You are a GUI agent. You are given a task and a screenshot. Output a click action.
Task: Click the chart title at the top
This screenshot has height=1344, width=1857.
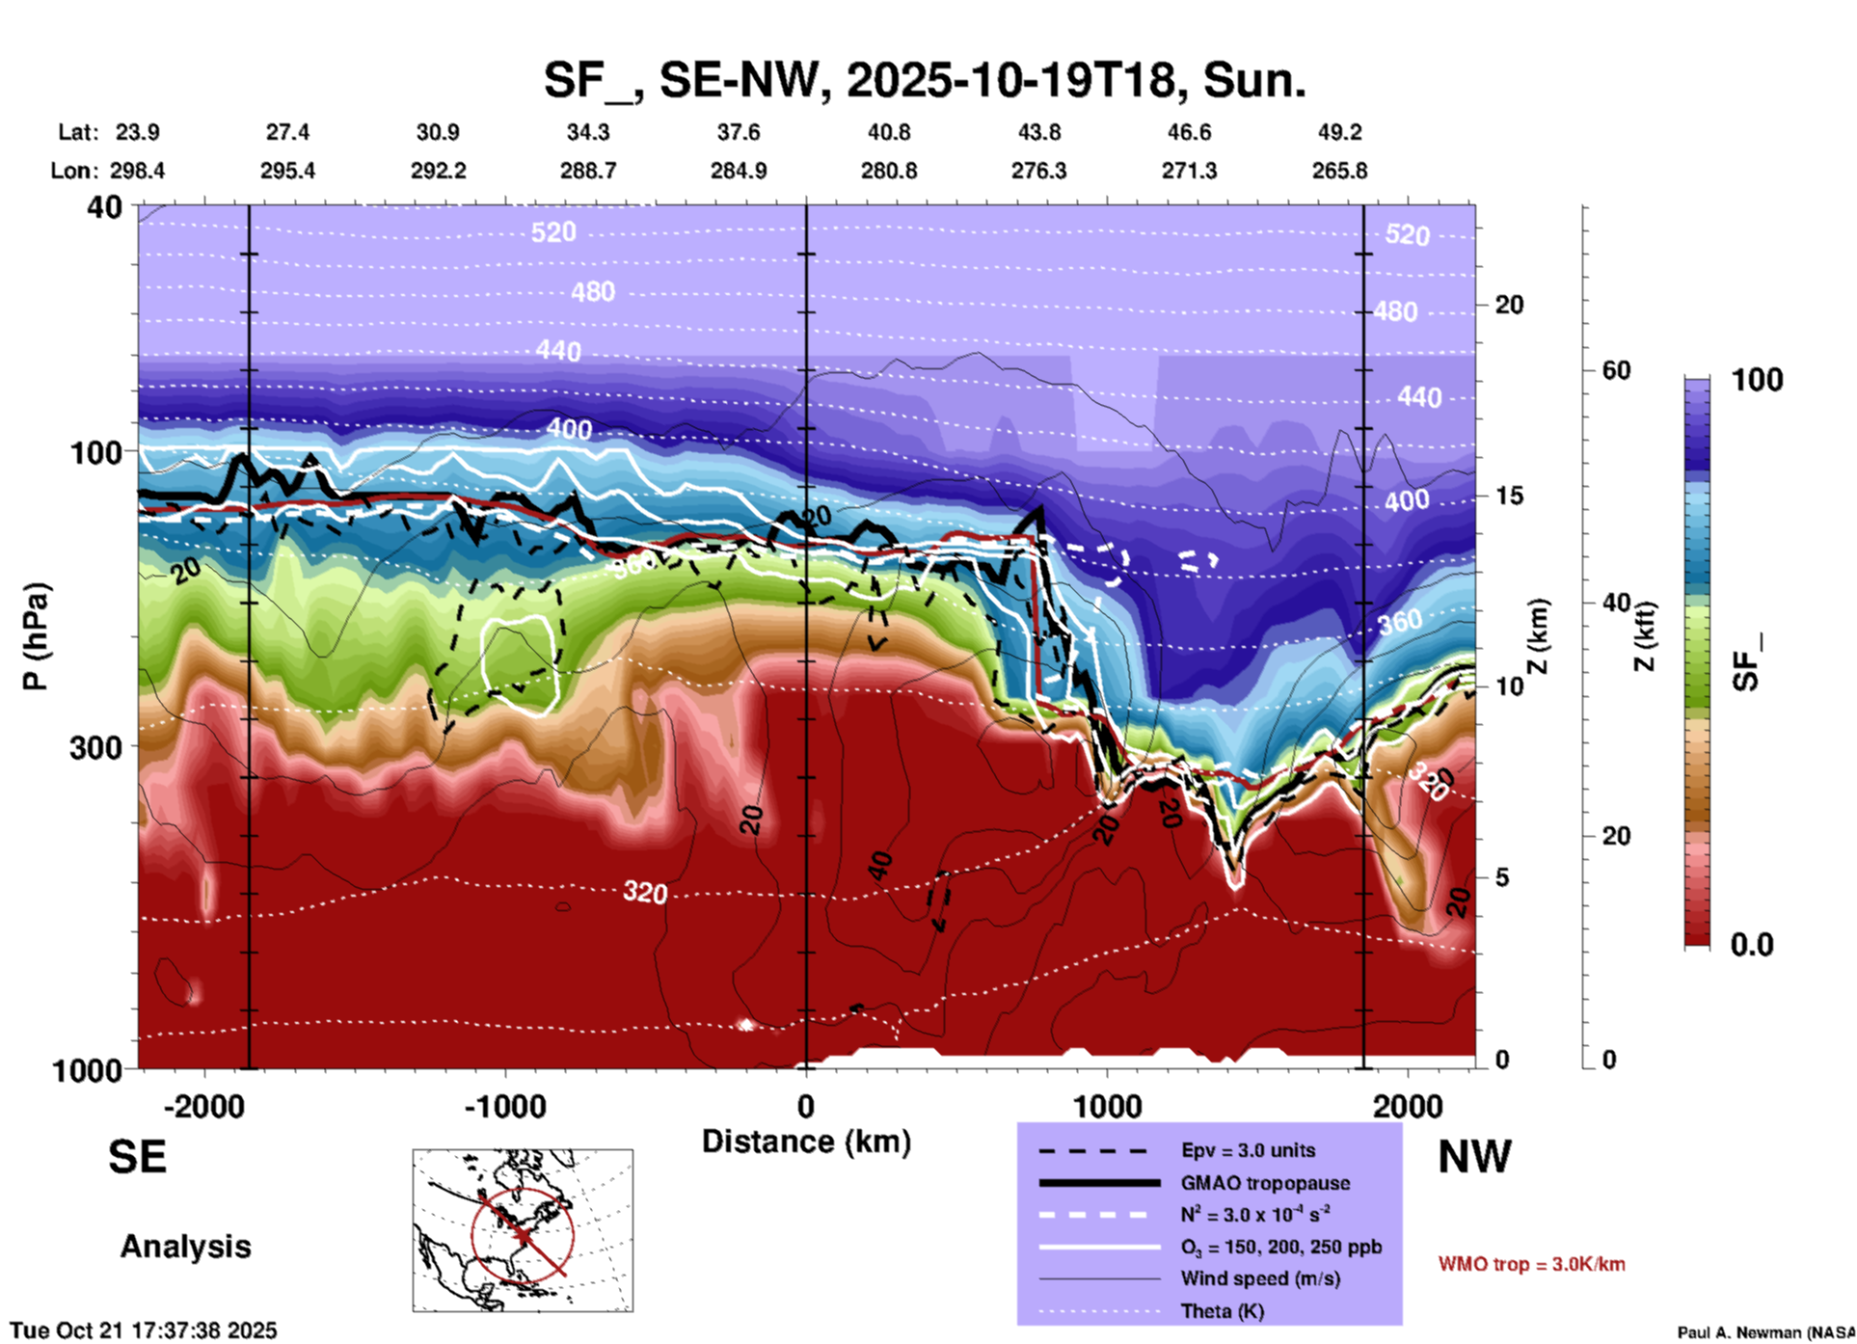pos(925,80)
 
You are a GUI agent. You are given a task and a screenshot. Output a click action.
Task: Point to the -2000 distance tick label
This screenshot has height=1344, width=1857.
pos(203,1106)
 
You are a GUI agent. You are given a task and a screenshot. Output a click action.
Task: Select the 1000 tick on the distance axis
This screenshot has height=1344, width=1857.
pos(1107,1106)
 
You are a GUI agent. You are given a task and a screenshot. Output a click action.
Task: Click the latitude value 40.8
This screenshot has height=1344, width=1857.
pos(888,132)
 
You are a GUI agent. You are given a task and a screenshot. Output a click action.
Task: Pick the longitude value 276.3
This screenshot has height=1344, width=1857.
pos(1038,171)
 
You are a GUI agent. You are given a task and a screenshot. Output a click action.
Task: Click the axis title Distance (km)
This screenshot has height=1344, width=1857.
pos(806,1142)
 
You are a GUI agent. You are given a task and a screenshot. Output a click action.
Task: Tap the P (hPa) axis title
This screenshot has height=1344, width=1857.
pos(36,636)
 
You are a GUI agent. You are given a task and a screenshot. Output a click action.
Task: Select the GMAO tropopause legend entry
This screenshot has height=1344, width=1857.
pos(1265,1183)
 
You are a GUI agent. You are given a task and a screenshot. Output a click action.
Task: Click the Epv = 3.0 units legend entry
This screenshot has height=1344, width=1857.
pos(1248,1150)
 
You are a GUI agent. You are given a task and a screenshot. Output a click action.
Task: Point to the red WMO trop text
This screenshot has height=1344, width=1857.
pos(1531,1264)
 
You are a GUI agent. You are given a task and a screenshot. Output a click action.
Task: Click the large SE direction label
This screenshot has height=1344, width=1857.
pos(137,1157)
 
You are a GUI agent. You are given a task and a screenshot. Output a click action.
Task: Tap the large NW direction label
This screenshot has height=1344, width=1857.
pos(1474,1157)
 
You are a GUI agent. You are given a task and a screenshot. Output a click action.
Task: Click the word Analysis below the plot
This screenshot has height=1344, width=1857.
pos(185,1247)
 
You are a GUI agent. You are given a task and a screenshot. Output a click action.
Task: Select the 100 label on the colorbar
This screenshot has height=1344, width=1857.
pos(1757,380)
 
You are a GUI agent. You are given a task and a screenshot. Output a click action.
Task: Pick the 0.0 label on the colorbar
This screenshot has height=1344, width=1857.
pos(1751,945)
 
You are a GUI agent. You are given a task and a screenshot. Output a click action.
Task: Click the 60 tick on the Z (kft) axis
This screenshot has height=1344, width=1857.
pos(1616,370)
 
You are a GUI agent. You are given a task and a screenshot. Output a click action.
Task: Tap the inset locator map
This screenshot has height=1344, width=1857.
pos(523,1229)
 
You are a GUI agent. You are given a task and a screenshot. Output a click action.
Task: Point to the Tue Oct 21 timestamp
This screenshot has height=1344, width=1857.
pos(144,1331)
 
